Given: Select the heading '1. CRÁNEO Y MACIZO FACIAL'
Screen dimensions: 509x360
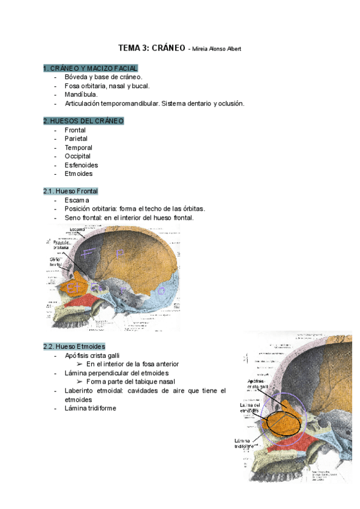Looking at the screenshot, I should point(91,68).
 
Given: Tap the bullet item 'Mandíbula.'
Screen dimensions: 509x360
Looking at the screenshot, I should point(81,94).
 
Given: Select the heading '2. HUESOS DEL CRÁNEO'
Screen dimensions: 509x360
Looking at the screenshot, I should point(83,121).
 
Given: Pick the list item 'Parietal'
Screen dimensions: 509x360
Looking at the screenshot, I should point(79,139).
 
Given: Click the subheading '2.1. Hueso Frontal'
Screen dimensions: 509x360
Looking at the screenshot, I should point(70,191).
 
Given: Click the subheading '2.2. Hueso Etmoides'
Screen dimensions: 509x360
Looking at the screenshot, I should point(74,346).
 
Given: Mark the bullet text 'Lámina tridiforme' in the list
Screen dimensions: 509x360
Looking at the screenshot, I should point(90,408).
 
